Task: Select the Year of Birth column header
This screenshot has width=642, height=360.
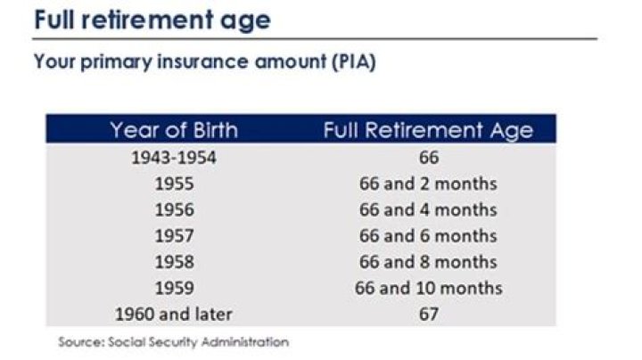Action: [174, 130]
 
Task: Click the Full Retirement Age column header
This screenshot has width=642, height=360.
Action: [427, 130]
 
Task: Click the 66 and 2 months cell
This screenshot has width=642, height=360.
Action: [427, 184]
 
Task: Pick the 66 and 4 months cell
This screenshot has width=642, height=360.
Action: [427, 210]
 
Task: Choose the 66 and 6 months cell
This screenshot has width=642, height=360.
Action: [427, 236]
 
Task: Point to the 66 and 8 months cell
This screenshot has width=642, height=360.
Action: [427, 262]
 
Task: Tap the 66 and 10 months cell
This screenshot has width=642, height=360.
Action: [427, 288]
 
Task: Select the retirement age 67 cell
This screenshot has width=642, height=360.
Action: [427, 314]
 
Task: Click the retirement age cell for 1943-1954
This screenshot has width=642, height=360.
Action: [427, 159]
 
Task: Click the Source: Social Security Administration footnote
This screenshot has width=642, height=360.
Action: [174, 341]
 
